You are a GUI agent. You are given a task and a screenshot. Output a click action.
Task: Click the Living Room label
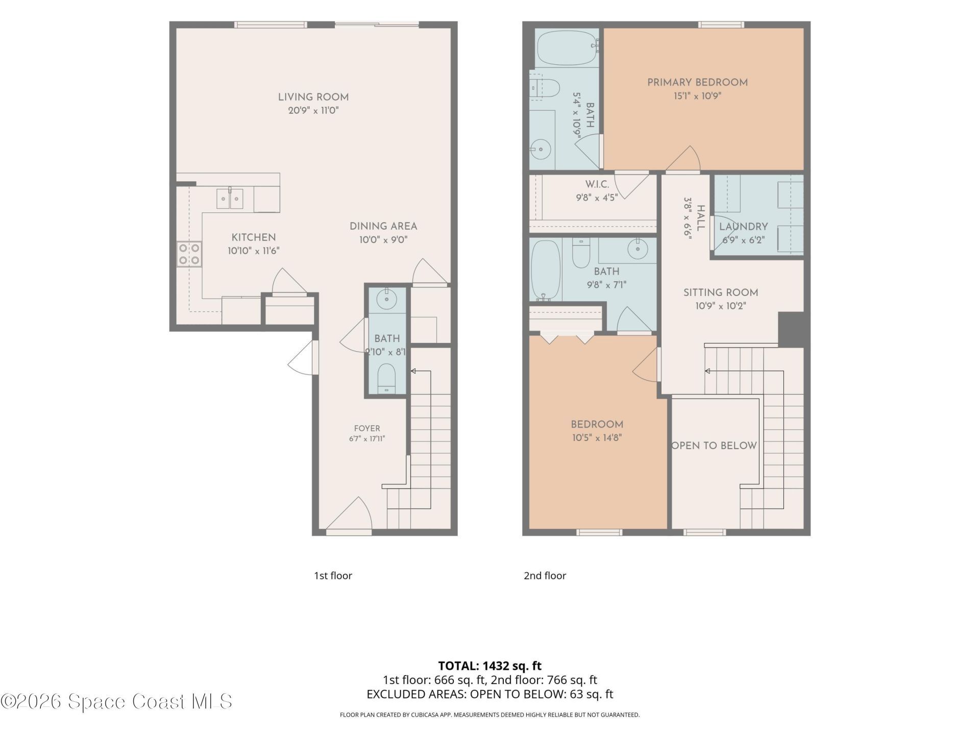tap(313, 97)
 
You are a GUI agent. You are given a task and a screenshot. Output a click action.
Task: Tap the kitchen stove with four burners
tap(189, 254)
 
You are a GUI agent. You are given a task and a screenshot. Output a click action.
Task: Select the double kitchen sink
tap(230, 199)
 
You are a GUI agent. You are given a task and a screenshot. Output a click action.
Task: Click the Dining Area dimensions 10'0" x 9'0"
tap(383, 240)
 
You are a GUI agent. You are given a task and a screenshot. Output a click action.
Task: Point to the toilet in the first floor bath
tap(386, 379)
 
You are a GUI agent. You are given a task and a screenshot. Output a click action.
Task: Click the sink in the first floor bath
tap(386, 299)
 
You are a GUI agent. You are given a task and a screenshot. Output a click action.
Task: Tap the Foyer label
tap(367, 429)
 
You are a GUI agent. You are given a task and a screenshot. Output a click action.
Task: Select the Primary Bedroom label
tap(697, 83)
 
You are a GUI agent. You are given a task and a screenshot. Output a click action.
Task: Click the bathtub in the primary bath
tap(568, 47)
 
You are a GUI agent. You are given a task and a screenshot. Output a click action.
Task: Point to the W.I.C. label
tap(597, 184)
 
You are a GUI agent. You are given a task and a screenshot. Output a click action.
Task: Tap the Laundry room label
tap(743, 227)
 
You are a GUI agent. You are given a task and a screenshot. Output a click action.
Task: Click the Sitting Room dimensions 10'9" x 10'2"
tap(721, 306)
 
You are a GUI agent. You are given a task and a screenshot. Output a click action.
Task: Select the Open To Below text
tap(714, 446)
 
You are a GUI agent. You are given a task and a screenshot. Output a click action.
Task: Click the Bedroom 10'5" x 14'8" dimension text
tap(597, 438)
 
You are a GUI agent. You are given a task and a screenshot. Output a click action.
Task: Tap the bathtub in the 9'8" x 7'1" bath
tap(546, 270)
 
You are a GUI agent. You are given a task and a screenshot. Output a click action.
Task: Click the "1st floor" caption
tap(333, 576)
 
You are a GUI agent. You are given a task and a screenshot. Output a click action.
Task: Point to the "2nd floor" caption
tap(545, 576)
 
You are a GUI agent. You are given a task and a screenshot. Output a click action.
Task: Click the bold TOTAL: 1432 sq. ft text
tap(490, 666)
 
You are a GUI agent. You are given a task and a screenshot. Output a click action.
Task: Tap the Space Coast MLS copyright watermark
tap(116, 701)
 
